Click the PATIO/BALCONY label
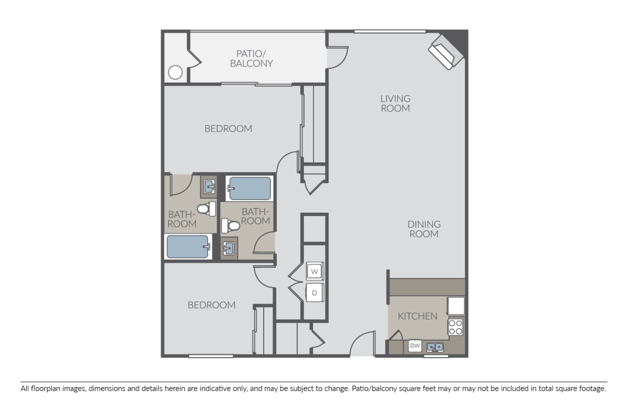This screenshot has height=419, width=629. click(254, 58)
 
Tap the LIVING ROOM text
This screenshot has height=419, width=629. click(395, 103)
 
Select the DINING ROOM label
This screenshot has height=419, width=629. click(424, 229)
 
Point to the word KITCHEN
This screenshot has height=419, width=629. click(417, 316)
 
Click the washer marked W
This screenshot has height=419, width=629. click(314, 271)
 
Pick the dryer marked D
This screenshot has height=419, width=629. click(314, 293)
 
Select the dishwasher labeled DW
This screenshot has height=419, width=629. click(415, 346)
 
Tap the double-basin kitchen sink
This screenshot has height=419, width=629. click(435, 346)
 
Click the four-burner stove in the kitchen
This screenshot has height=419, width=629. click(456, 327)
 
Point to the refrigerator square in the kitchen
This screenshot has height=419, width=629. click(456, 305)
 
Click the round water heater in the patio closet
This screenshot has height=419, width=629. click(176, 72)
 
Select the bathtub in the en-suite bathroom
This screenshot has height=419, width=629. click(189, 247)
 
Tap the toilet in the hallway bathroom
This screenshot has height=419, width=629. click(231, 226)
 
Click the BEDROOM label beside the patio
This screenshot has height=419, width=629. click(228, 128)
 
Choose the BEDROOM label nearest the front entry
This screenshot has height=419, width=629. click(211, 305)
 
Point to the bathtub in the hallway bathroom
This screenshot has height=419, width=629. click(248, 188)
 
